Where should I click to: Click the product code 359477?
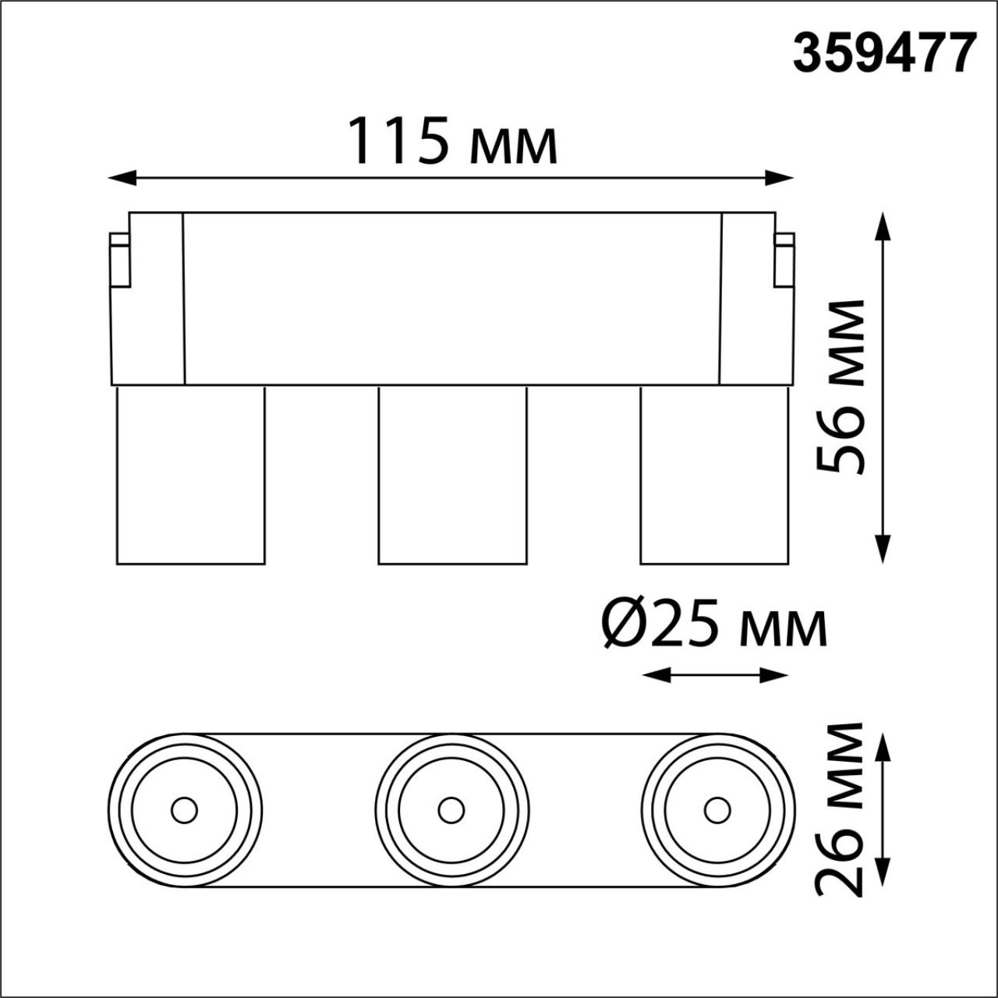[x=884, y=54]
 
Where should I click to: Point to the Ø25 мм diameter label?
[x=713, y=627]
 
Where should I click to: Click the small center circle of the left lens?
[x=185, y=810]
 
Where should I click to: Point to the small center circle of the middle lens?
[x=451, y=810]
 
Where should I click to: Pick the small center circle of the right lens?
[x=717, y=810]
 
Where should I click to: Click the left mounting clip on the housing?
[x=119, y=260]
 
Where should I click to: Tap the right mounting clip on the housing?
[x=784, y=260]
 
